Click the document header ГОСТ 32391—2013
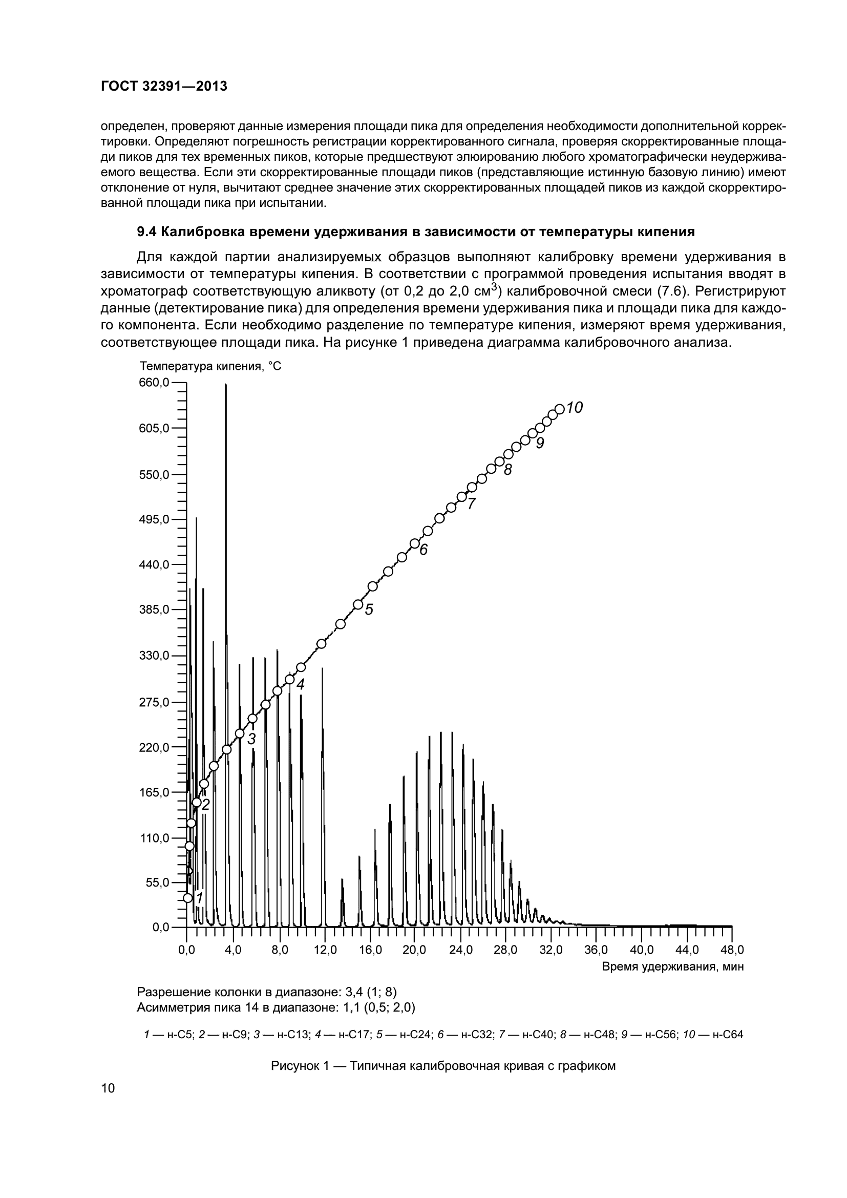(164, 87)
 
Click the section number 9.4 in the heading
(146, 232)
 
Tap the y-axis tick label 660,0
(154, 383)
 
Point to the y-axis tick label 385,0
(154, 609)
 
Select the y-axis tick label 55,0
(157, 882)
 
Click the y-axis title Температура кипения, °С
(210, 366)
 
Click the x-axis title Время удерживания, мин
(673, 966)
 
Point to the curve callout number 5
(369, 609)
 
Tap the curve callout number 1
(199, 897)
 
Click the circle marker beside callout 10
(559, 409)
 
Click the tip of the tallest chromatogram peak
(226, 385)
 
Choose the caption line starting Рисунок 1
(443, 1066)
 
